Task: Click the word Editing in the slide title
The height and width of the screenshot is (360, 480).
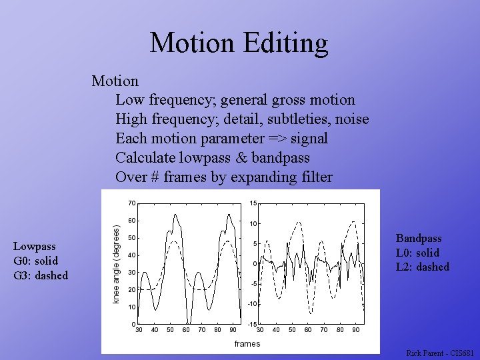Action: click(288, 43)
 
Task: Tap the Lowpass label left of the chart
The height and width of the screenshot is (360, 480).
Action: click(35, 247)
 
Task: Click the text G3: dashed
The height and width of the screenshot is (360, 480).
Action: click(41, 275)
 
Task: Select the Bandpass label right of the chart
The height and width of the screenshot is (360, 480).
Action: click(419, 239)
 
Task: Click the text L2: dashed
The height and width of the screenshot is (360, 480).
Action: click(423, 267)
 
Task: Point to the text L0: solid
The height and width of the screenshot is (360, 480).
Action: click(417, 253)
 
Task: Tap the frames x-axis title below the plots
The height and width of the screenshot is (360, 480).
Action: click(247, 343)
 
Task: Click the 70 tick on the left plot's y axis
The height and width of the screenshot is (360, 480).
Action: click(132, 203)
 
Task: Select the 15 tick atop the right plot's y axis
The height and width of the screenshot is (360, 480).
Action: click(253, 203)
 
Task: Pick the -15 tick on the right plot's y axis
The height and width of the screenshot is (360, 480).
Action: click(252, 324)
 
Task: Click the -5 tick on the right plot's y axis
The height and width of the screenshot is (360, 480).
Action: click(253, 284)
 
